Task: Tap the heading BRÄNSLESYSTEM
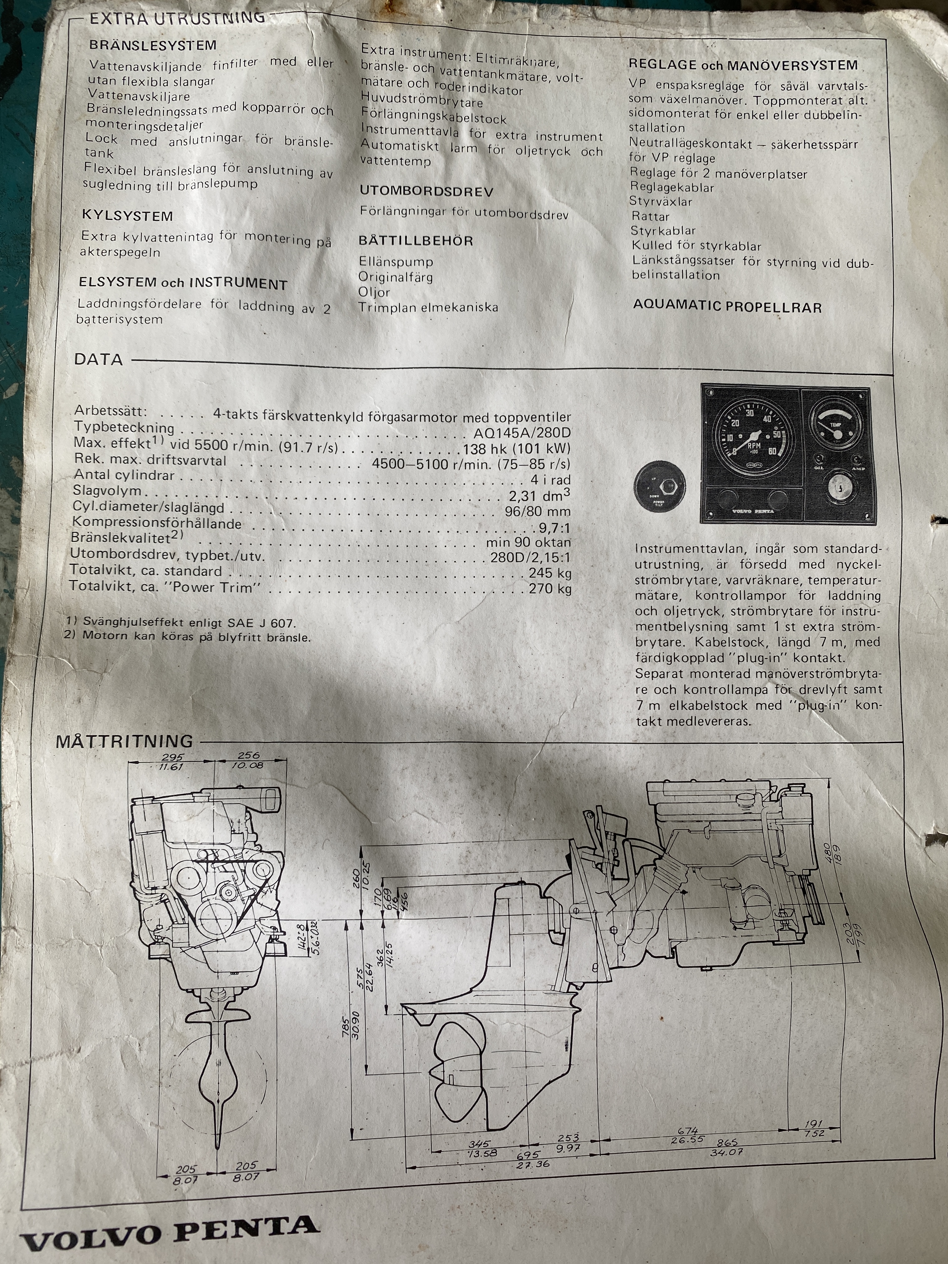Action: [x=153, y=45]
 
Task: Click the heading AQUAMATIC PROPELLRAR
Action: [x=727, y=307]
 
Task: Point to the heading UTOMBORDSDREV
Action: [x=426, y=192]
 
